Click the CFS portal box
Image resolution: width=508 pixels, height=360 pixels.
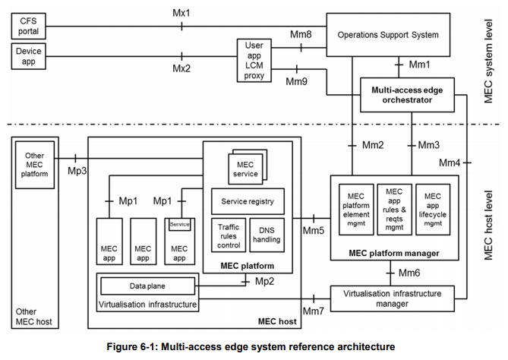[29, 27]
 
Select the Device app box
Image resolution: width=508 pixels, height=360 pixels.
[29, 56]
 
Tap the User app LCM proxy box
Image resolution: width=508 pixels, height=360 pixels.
[254, 61]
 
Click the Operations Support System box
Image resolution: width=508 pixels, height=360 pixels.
[388, 35]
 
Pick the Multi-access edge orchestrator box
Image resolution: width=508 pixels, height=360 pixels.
[407, 95]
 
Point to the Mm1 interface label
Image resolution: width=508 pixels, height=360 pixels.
[420, 65]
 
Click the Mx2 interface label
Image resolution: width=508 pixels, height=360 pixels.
[181, 68]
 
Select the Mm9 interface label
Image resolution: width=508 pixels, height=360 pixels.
[296, 81]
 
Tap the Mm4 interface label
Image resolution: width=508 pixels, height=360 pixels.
[450, 163]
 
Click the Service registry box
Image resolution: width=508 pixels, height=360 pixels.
[248, 201]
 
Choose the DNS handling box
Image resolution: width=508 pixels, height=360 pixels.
[267, 235]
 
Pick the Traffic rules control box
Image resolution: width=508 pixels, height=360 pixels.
[229, 235]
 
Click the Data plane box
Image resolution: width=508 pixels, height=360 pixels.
[148, 286]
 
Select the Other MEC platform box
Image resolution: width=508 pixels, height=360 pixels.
[35, 165]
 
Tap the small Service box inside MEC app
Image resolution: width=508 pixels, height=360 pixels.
[179, 225]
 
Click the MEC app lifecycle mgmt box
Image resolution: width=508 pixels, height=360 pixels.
[433, 210]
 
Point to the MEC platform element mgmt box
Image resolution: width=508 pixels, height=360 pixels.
[356, 210]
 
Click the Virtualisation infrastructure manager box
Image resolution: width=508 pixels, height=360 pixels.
[393, 298]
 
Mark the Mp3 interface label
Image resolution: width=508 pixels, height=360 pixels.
[77, 171]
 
